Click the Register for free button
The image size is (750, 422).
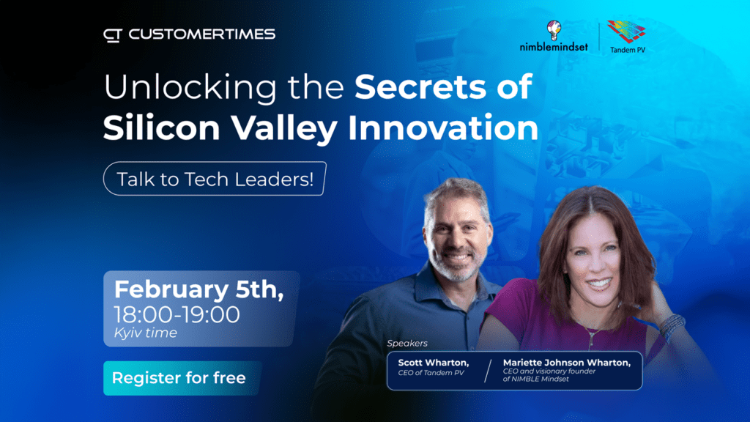(x=182, y=378)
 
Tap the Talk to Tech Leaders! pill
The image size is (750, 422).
(x=215, y=179)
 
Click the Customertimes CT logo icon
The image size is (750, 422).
(x=113, y=35)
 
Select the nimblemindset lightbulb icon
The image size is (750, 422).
(x=554, y=30)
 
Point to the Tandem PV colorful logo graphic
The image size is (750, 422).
(x=627, y=32)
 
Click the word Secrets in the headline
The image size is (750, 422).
(x=420, y=87)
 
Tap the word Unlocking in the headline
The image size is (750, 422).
(x=190, y=87)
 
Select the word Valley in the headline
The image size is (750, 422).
(x=284, y=128)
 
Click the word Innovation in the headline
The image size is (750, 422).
(x=443, y=127)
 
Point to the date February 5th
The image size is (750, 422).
(x=198, y=289)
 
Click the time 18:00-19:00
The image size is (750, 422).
(x=177, y=315)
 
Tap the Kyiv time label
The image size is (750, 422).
(x=146, y=333)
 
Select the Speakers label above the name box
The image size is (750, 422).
(x=407, y=343)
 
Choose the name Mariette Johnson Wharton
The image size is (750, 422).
(x=567, y=363)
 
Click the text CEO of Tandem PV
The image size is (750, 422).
(x=431, y=373)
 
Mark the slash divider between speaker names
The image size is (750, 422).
(x=488, y=371)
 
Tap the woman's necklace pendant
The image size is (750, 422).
(x=592, y=341)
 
